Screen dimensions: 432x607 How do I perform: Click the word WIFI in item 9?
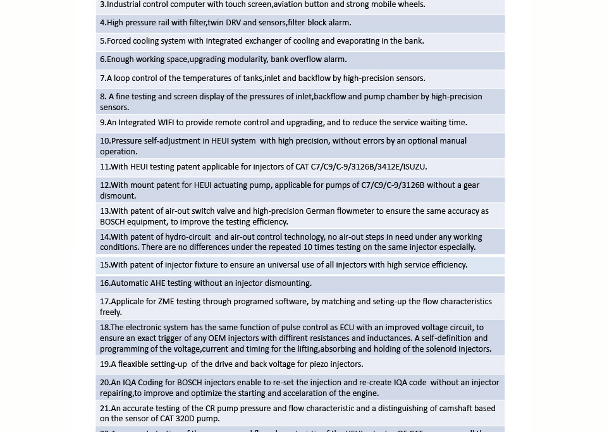[166, 123]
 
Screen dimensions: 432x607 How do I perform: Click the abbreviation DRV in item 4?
[233, 23]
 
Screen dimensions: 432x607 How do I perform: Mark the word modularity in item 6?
[243, 59]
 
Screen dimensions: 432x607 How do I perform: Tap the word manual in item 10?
[453, 141]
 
